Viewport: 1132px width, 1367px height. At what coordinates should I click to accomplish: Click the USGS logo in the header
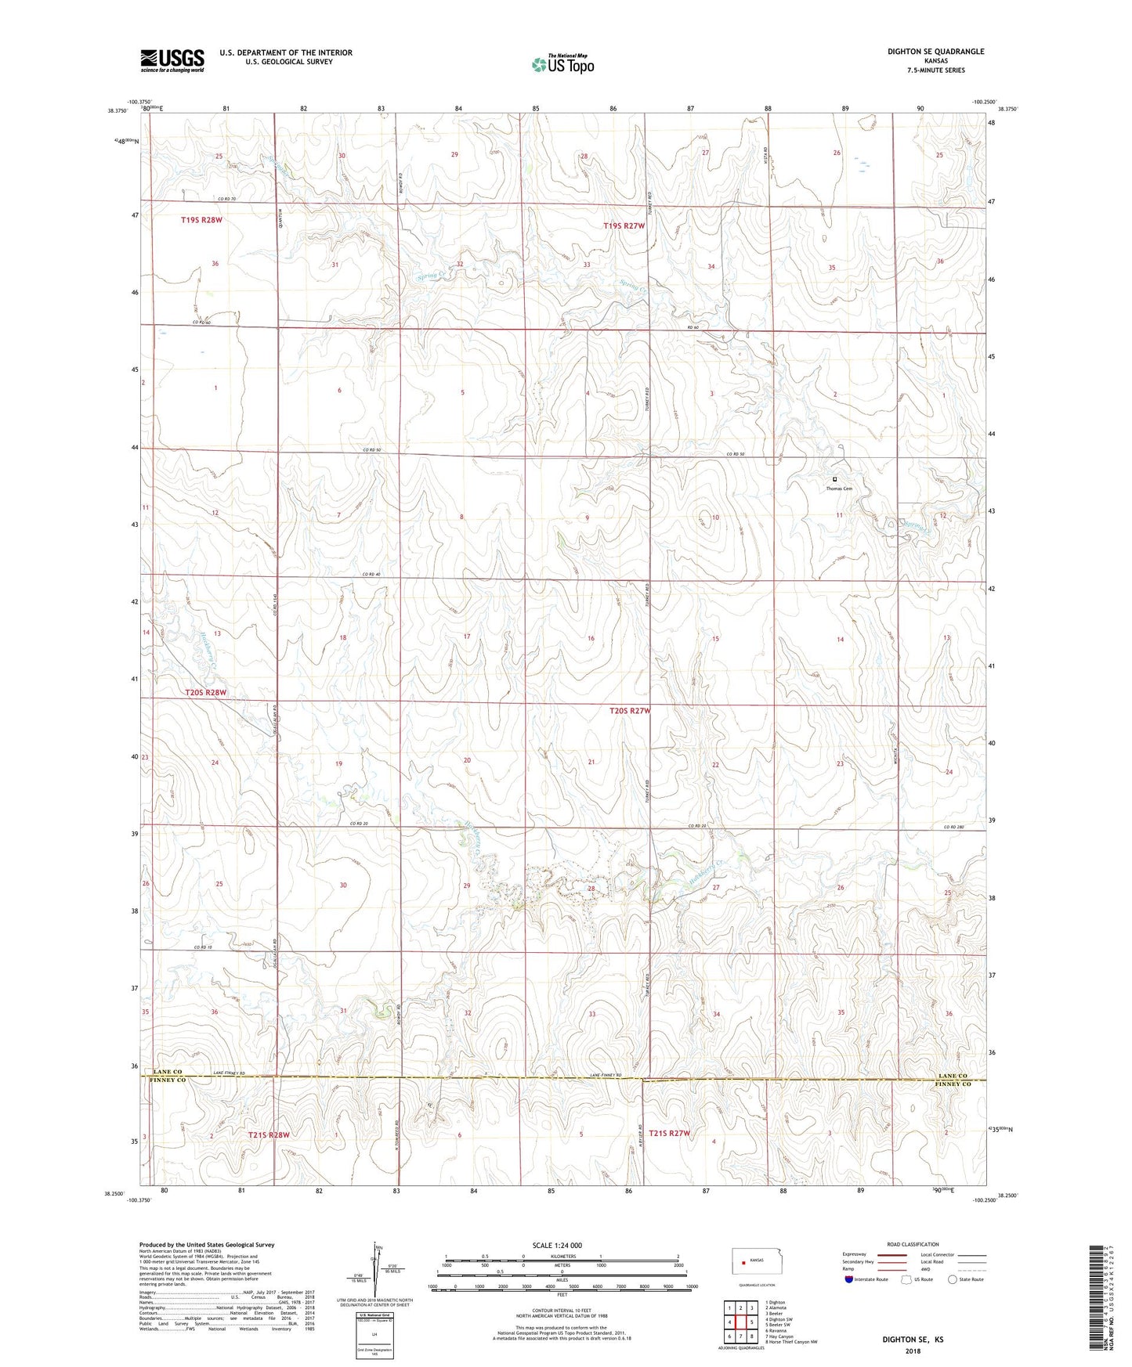[172, 60]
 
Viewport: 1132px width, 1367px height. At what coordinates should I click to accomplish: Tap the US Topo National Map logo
[562, 63]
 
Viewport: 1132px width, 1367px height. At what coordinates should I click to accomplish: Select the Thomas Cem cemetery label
[838, 489]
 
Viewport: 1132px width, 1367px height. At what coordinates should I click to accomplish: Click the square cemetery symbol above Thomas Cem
[834, 479]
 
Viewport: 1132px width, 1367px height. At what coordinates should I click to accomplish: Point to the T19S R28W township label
[201, 221]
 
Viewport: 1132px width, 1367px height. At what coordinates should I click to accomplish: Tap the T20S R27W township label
[630, 711]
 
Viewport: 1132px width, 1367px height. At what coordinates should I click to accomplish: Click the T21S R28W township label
[269, 1134]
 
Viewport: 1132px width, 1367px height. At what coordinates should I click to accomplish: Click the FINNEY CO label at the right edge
[953, 1084]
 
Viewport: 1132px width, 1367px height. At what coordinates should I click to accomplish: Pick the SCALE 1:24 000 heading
[557, 1245]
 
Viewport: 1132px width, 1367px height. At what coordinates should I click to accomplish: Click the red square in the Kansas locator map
[743, 1261]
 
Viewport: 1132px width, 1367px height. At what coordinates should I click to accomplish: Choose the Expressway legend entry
[854, 1254]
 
